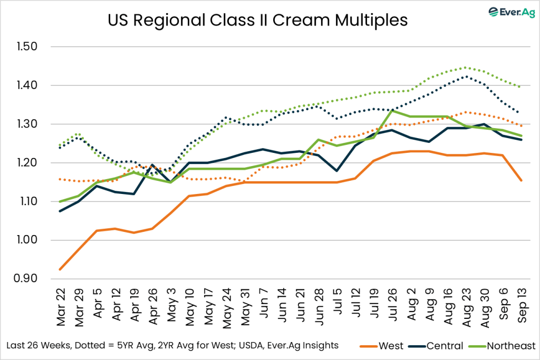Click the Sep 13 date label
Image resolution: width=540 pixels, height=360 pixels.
coord(522,307)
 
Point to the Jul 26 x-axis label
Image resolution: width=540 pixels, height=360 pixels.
coord(392,307)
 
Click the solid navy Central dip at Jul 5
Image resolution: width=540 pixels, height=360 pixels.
coord(337,171)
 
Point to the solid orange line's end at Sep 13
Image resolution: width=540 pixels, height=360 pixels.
coord(522,181)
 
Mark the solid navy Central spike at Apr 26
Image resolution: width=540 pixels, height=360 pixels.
coord(152,165)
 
